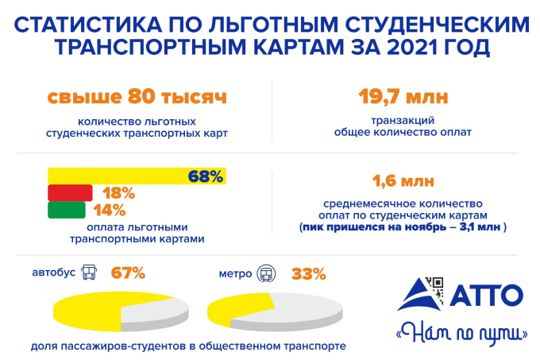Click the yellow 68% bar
(119, 176)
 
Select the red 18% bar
(71, 193)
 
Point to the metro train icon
(267, 274)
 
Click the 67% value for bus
(128, 273)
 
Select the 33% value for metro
(309, 274)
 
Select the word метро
(235, 274)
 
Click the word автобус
(54, 273)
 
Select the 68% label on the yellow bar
(205, 176)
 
